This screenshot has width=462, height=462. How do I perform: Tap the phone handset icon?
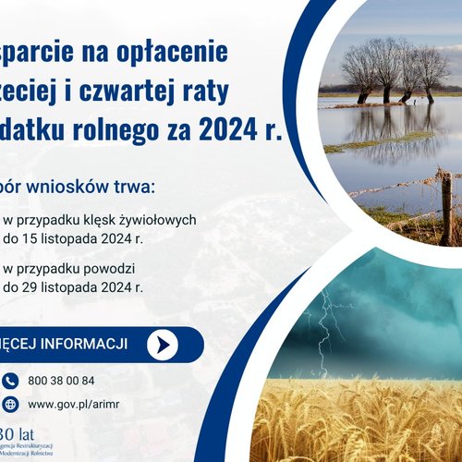[x=10, y=380]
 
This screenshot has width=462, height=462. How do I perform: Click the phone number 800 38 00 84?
[x=61, y=380]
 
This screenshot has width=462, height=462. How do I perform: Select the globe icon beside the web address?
[x=10, y=404]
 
